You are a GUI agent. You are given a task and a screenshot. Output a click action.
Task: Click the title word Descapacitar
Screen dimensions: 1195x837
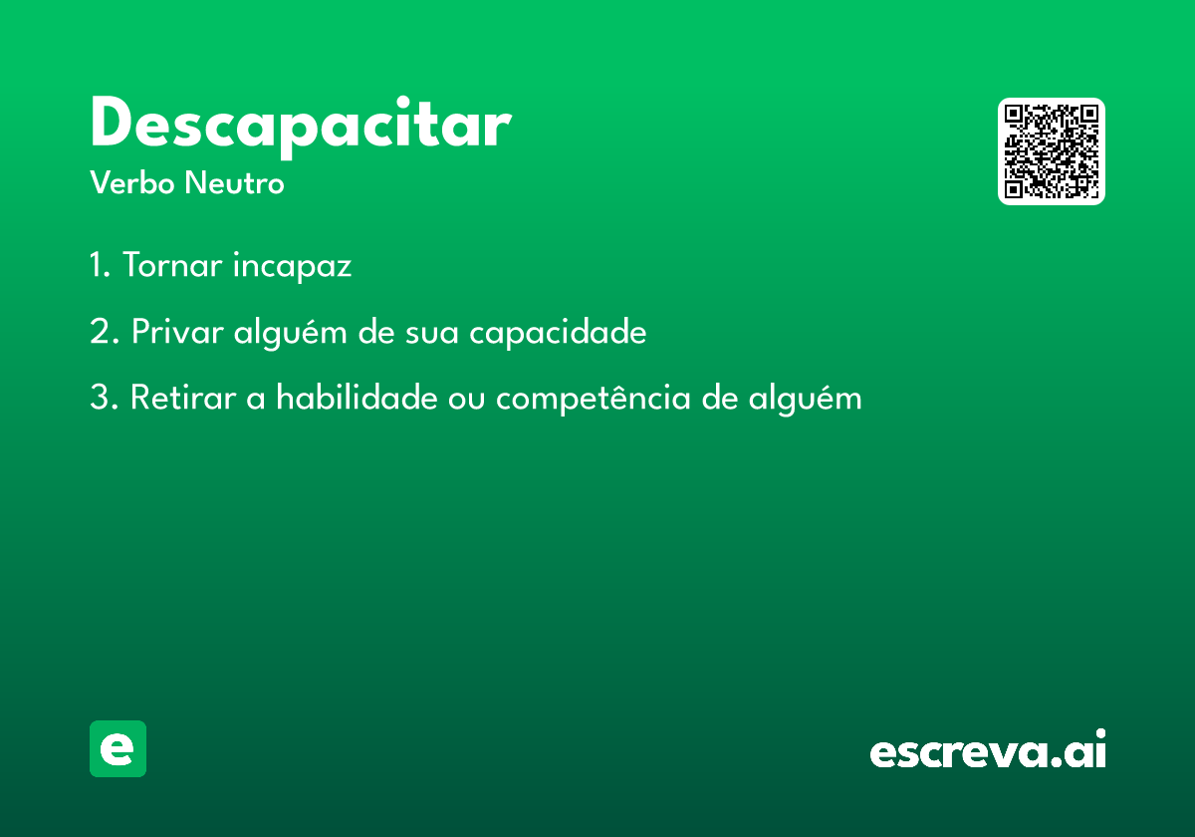[x=302, y=127]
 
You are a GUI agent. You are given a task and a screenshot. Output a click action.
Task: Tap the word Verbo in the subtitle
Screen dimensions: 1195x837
[x=132, y=182]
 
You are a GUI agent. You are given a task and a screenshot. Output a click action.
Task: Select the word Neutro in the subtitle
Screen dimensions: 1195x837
[x=234, y=182]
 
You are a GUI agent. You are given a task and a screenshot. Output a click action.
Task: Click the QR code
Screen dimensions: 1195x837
[x=1051, y=151]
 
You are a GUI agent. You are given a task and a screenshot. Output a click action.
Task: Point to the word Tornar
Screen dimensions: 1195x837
[x=172, y=264]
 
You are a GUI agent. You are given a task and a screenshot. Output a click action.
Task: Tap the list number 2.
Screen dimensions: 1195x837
[x=104, y=331]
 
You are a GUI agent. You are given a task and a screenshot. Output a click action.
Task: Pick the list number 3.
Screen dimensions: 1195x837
[x=104, y=398]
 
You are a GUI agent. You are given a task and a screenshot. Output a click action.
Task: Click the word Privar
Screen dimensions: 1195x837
[x=177, y=331]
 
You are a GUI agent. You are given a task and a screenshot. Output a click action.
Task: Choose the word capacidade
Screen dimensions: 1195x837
[x=558, y=332]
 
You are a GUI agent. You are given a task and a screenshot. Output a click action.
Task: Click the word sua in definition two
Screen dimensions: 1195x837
[x=431, y=334]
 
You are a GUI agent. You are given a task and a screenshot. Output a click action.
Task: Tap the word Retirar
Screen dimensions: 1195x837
[x=183, y=398]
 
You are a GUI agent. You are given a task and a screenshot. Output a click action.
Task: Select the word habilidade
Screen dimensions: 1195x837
[x=357, y=397]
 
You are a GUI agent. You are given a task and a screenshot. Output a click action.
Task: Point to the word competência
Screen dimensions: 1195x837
[x=594, y=399]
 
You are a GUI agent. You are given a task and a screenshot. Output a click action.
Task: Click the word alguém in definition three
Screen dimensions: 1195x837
[x=805, y=399]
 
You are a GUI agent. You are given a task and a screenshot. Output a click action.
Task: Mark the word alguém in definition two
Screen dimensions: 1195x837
[x=290, y=332]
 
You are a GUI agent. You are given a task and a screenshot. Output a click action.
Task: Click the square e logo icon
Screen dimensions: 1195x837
[x=118, y=748]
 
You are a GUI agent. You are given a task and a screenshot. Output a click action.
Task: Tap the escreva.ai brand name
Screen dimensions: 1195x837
[x=988, y=748]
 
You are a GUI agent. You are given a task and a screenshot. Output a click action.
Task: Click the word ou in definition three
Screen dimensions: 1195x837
[x=466, y=401]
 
